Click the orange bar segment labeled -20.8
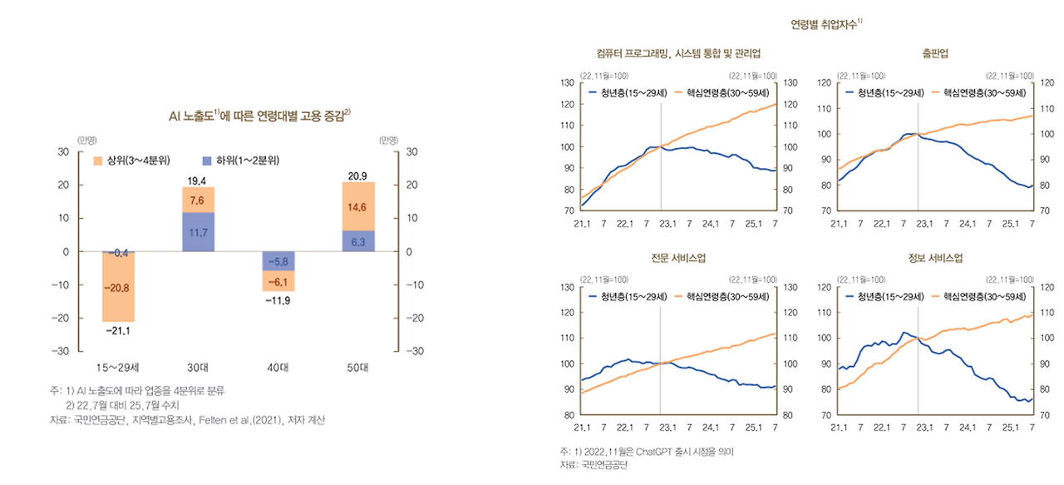coord(117,287)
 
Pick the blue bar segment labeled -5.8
coord(278,261)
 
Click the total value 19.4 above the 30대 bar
coord(198,180)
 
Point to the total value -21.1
coord(117,331)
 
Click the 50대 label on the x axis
coord(359,366)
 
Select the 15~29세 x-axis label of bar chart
coord(117,366)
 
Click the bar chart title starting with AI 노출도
coord(258,116)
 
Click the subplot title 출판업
coord(935,53)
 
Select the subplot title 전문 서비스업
coord(678,258)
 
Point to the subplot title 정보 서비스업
coord(935,258)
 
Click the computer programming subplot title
coord(678,53)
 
